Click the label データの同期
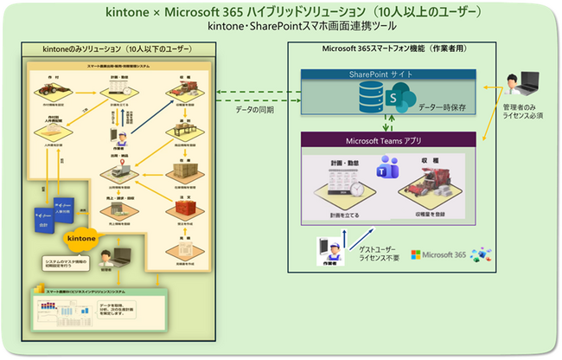click(256, 111)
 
